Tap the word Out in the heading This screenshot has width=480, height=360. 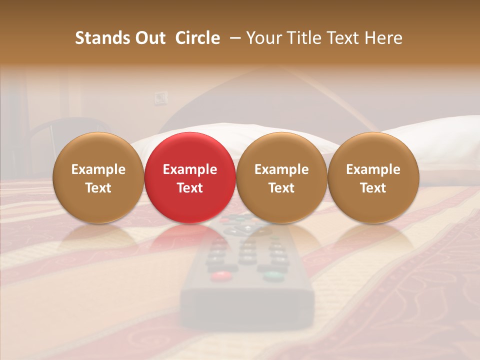[149, 38]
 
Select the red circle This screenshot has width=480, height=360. [190, 177]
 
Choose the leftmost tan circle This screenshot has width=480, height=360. [98, 177]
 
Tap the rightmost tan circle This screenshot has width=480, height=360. [373, 177]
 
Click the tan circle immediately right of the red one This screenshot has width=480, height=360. [281, 177]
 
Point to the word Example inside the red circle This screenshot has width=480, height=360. [190, 169]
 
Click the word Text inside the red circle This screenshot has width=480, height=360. [190, 188]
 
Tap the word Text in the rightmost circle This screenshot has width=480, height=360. [373, 188]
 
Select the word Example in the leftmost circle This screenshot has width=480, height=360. [98, 169]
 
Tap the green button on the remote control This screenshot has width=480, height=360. [271, 275]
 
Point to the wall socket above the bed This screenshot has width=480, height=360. [160, 97]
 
